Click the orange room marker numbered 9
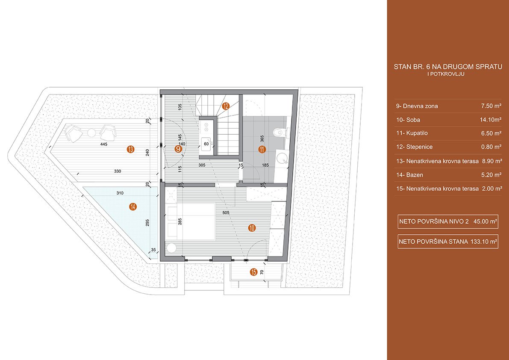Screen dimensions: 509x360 178,149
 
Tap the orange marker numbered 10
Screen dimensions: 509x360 252,228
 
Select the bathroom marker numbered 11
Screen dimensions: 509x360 262,149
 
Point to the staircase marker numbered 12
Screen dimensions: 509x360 226,106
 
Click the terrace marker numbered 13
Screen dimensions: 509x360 130,149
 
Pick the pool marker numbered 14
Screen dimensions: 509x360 132,207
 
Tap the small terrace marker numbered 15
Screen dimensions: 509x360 254,272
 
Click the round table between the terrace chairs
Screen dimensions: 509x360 92,133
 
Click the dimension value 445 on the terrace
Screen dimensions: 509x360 104,144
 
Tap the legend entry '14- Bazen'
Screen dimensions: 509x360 410,175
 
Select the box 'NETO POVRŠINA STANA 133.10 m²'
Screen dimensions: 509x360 448,242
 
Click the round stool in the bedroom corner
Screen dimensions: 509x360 171,248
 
